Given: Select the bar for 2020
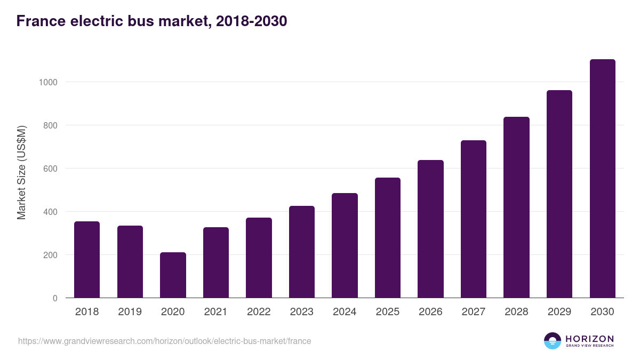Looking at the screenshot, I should (x=173, y=275).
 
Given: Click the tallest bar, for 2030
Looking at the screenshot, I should (x=602, y=179).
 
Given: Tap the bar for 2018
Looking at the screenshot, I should (x=87, y=260).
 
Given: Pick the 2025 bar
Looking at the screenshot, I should (x=388, y=238).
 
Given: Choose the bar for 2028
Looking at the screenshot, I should (x=516, y=207).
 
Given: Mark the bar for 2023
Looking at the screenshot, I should (x=302, y=252).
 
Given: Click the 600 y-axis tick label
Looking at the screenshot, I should (x=49, y=169).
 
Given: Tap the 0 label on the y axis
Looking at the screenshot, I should (x=55, y=298).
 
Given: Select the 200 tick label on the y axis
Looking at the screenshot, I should (x=49, y=255).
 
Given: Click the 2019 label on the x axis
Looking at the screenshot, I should (x=130, y=312).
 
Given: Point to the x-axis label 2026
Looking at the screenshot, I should (x=430, y=312).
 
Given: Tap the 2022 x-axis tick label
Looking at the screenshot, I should (x=259, y=312).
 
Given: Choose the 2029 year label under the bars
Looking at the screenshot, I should (x=559, y=312).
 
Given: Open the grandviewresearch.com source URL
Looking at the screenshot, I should (x=164, y=341).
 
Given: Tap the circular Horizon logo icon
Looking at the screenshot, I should (x=553, y=341).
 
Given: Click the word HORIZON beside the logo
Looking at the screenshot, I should (x=589, y=339).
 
